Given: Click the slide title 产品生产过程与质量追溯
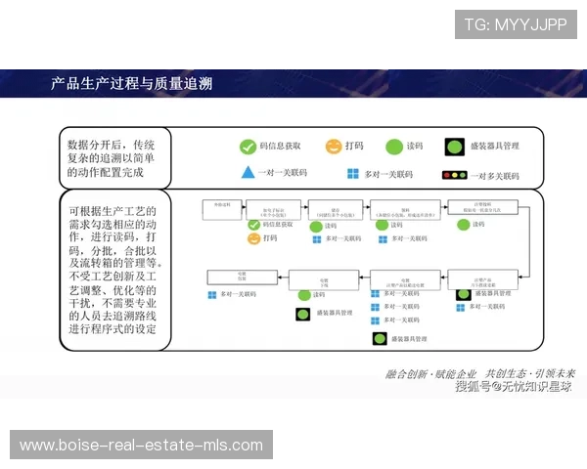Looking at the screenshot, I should [x=131, y=83].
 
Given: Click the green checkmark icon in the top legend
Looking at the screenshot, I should [x=248, y=147].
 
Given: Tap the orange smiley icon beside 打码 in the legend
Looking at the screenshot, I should [x=333, y=147].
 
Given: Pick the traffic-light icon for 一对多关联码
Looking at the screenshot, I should [x=454, y=175].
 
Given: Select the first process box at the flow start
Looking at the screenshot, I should [x=219, y=208].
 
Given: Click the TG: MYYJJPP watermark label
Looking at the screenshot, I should [x=516, y=24].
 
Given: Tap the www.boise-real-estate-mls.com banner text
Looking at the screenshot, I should [x=141, y=446].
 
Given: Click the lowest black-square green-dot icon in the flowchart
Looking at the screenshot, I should [x=381, y=339].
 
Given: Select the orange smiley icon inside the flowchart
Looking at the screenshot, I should [x=253, y=238].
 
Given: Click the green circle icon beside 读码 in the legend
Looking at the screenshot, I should [x=392, y=147].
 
